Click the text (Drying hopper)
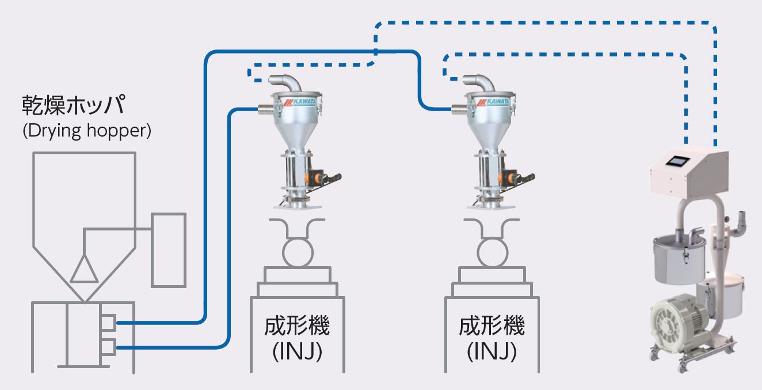click(87, 131)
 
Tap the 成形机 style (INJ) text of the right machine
click(492, 351)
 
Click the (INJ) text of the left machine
click(297, 351)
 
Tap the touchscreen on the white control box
click(677, 162)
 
